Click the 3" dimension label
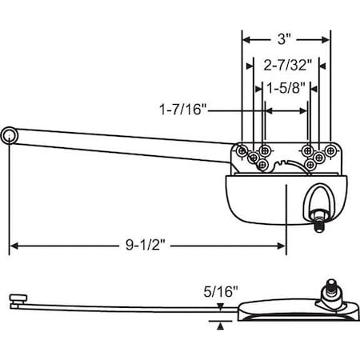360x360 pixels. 285,38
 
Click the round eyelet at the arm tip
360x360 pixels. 9,137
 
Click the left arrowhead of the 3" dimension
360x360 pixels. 246,38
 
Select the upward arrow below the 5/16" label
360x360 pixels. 221,323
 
